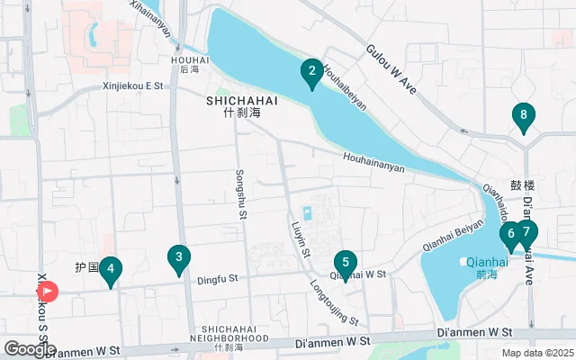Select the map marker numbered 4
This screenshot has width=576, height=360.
(x=110, y=269)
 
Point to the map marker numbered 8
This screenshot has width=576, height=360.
(x=523, y=116)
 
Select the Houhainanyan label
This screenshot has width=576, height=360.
(x=373, y=162)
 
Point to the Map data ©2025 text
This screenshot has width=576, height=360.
(x=536, y=353)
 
